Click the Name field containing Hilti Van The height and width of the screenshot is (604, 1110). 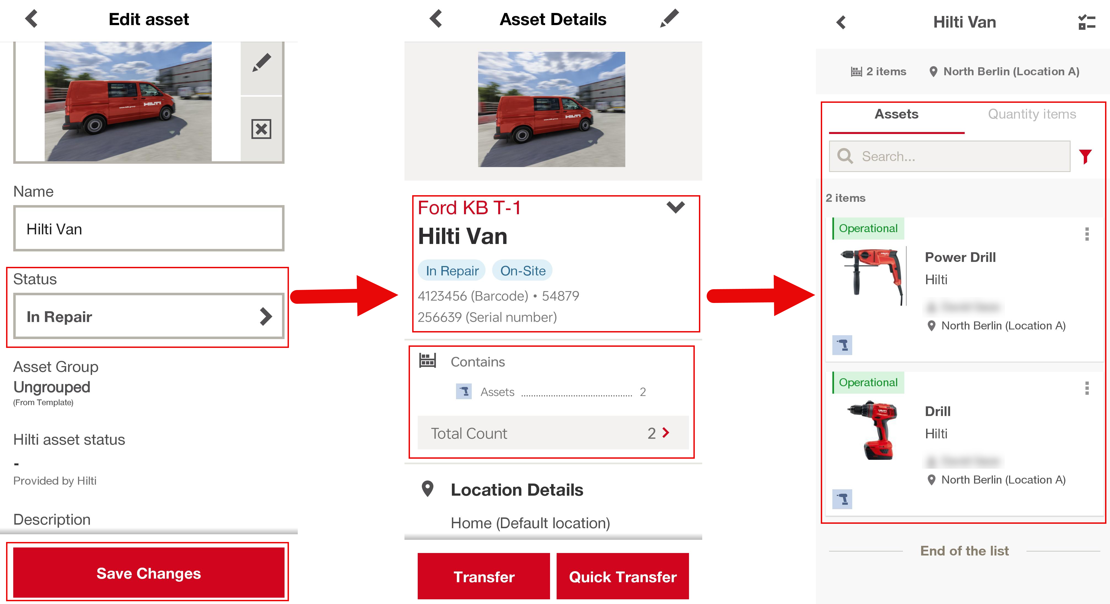148,229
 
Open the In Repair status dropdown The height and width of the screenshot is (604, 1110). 148,317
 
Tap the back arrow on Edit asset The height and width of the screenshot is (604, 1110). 31,19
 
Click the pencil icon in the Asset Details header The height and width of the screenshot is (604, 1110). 669,19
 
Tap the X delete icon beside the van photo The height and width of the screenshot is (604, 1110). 261,129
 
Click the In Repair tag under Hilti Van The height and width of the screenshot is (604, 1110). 452,270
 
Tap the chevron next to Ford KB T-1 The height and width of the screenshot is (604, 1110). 675,207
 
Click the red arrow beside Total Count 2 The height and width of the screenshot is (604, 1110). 666,433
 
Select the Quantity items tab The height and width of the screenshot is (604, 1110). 1032,114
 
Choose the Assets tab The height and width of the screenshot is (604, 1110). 896,114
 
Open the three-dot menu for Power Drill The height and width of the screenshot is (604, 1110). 1087,234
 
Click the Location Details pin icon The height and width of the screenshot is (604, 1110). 427,489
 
